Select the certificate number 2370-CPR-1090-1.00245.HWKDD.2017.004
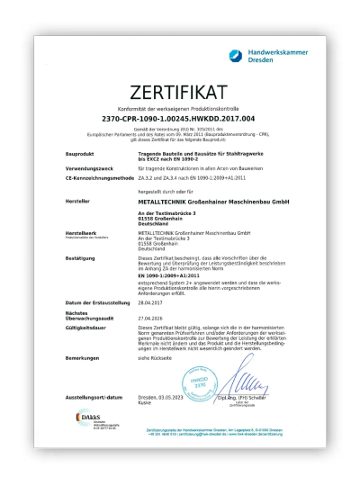tap(180, 116)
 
